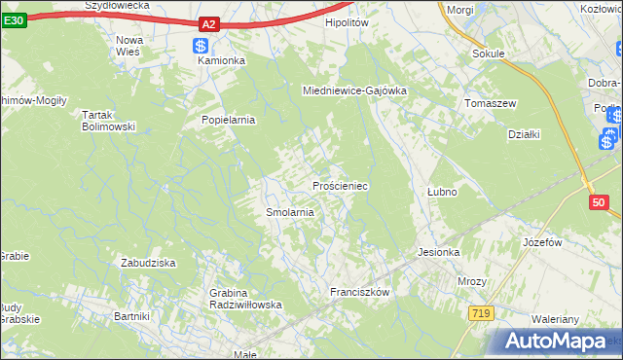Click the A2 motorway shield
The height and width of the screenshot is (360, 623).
(208, 23)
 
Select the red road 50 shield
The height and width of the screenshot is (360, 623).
(599, 202)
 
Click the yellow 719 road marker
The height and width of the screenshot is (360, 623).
(478, 313)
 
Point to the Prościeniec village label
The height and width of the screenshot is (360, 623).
(339, 185)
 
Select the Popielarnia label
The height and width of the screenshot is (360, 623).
(228, 121)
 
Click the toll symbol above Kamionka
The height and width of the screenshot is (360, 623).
(201, 45)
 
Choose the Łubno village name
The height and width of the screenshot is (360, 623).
(442, 192)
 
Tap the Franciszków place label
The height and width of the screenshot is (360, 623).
(359, 292)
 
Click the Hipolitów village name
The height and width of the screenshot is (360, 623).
(349, 21)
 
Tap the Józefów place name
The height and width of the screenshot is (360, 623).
(544, 241)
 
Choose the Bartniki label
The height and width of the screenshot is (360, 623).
(131, 316)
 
